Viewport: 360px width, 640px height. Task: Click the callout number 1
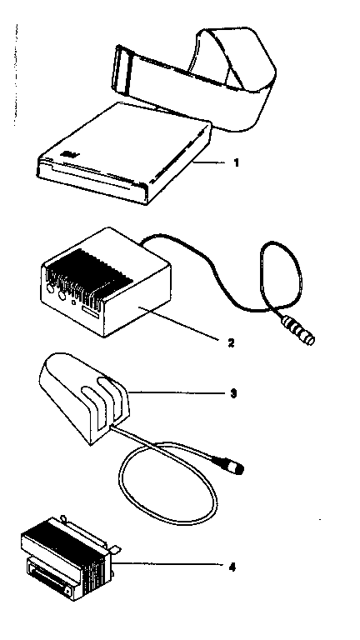tap(236, 163)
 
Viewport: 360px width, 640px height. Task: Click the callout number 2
tap(231, 342)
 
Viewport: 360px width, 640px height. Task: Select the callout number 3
tap(233, 394)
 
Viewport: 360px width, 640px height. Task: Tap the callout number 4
tap(232, 567)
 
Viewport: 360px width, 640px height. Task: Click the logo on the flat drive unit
tap(65, 155)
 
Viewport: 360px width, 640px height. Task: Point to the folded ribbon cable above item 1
tap(195, 77)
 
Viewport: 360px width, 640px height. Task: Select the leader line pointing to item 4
tap(167, 565)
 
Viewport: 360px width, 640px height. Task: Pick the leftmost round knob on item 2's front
tap(49, 288)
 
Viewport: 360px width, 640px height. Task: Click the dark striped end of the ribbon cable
tap(122, 68)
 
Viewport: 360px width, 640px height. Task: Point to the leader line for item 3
tap(176, 393)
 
